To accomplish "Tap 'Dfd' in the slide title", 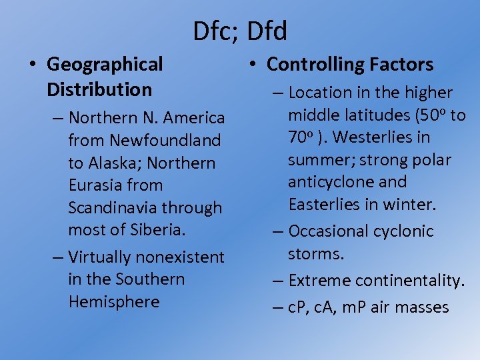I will pos(267,31).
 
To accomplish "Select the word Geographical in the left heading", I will pos(105,65).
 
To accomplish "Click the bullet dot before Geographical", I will pos(32,65).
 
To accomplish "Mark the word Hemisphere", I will pos(114,302).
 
